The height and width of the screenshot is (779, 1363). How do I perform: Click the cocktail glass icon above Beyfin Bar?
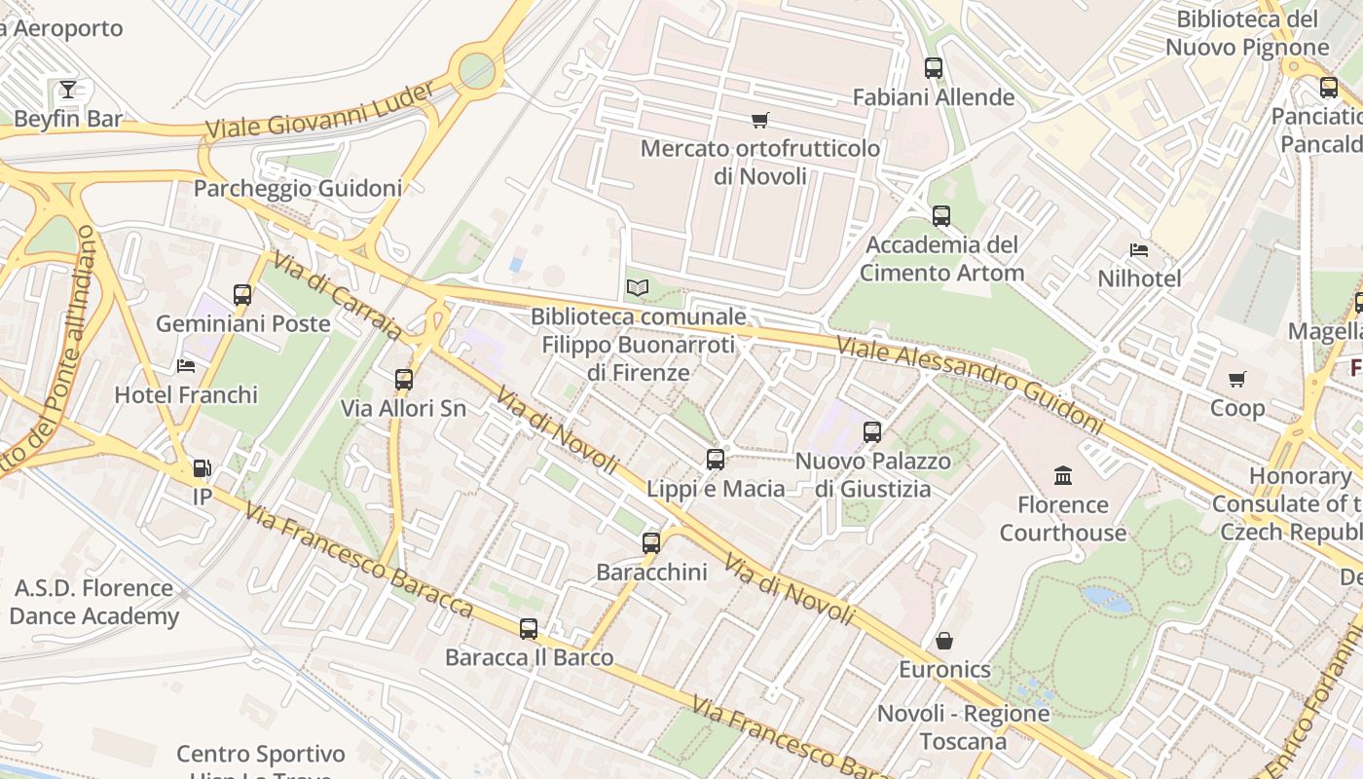click(67, 90)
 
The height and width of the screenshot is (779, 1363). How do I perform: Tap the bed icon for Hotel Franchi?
click(186, 365)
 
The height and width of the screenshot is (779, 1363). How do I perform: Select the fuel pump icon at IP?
click(202, 468)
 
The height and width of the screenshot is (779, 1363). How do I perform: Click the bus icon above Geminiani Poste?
click(242, 294)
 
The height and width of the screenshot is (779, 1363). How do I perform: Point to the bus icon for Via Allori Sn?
click(404, 379)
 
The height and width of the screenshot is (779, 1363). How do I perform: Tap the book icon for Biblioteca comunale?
click(638, 287)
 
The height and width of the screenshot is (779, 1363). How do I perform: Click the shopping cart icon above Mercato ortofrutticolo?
click(759, 120)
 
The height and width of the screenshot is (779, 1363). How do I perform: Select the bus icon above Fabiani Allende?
click(934, 68)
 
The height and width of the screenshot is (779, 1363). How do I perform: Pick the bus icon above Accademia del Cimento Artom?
click(940, 215)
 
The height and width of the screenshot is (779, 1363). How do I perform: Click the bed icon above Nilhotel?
click(1139, 250)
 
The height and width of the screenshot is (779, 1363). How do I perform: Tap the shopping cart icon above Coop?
click(1236, 379)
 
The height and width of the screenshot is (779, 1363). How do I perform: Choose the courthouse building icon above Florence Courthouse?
click(1063, 475)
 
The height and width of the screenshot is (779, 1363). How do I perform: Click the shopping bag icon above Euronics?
click(944, 641)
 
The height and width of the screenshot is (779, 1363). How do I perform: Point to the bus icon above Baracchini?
click(651, 542)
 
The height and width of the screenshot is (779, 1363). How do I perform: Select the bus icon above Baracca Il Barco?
click(529, 628)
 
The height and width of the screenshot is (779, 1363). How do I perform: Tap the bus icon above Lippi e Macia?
click(716, 459)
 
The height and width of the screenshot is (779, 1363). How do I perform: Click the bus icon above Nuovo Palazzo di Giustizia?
click(872, 431)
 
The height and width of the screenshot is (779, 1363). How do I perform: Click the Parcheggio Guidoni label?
click(297, 188)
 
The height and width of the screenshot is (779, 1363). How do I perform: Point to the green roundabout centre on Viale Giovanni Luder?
click(476, 68)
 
